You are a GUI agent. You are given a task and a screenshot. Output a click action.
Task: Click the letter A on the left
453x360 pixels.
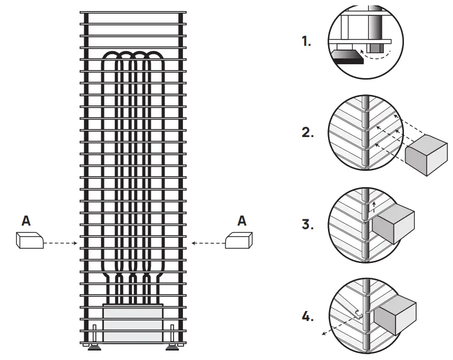[26, 221]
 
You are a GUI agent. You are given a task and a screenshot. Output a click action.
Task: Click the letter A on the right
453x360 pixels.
[242, 221]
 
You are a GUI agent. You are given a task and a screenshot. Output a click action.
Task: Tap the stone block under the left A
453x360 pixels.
[29, 241]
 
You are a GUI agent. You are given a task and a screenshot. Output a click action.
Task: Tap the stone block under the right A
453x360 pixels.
[238, 241]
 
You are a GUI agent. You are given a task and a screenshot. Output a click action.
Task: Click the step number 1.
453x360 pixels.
[306, 42]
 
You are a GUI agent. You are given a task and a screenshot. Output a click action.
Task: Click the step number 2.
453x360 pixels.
[307, 133]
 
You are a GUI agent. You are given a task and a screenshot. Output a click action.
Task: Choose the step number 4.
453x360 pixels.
[307, 317]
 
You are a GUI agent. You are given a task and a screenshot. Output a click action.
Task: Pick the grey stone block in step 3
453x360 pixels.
[395, 225]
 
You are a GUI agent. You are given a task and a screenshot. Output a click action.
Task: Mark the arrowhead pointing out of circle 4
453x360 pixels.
[324, 334]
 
